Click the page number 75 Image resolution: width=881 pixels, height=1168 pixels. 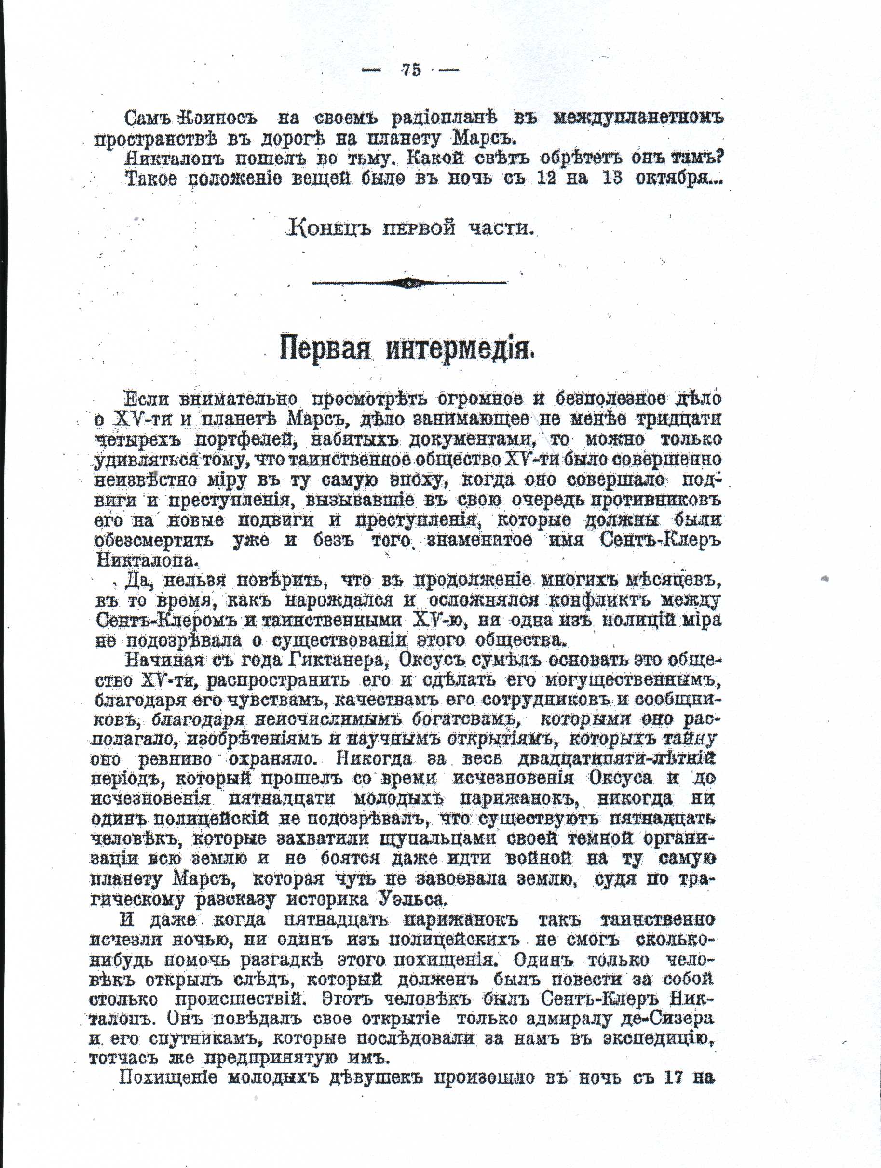[x=411, y=70]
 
